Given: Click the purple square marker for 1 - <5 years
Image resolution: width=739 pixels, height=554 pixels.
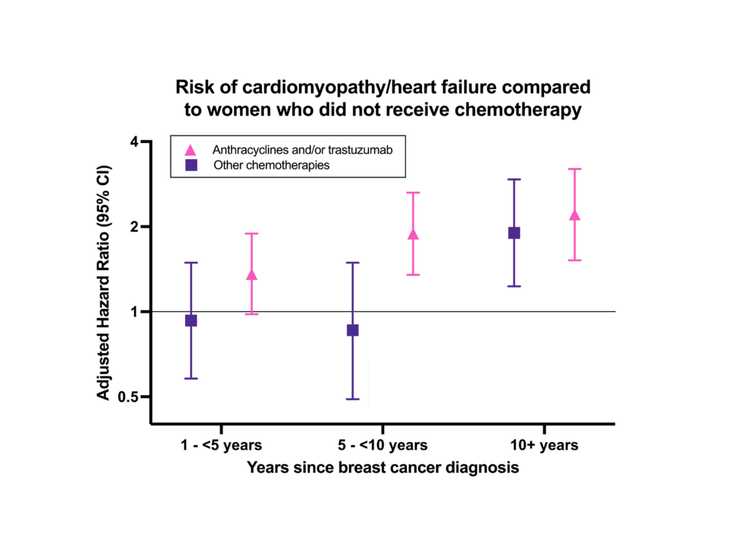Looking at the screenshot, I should [191, 320].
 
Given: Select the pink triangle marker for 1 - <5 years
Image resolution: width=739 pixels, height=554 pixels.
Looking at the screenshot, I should [251, 275].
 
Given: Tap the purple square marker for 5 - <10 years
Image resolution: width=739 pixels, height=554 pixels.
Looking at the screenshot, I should [353, 330].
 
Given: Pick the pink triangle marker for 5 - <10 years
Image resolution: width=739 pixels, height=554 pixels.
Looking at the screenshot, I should [413, 234].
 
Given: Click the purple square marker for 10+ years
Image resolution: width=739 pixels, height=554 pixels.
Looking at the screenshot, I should [514, 233].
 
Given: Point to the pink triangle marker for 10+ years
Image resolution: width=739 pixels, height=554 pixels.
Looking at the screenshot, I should [574, 215].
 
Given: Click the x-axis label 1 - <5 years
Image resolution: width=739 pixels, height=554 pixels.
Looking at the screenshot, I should [222, 445].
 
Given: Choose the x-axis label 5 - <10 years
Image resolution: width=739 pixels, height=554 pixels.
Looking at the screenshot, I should [382, 445].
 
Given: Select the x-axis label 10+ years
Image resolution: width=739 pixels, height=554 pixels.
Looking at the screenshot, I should [544, 445].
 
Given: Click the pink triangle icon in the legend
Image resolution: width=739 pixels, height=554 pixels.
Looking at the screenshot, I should [191, 149].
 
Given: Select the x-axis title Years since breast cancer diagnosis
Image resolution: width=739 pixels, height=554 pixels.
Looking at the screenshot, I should [382, 468].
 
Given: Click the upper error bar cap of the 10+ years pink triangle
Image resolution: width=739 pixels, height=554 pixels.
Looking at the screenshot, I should [574, 169].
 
